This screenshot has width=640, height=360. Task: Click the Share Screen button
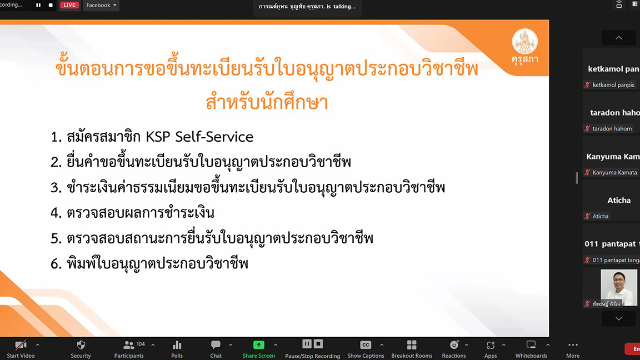[259, 349]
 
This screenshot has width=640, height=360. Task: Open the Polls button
[177, 349]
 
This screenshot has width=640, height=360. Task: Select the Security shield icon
[81, 345]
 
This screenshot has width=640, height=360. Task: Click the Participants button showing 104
[129, 349]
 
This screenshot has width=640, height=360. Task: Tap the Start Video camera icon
[21, 345]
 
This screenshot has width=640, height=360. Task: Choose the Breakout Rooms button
[412, 349]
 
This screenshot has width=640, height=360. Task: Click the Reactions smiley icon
[454, 345]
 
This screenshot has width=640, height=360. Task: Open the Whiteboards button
[531, 349]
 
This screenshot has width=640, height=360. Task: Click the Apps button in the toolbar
[490, 349]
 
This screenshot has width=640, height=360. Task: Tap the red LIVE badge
[69, 6]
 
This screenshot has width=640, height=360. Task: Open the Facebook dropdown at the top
[101, 6]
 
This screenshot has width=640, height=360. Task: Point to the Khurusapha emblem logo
[525, 41]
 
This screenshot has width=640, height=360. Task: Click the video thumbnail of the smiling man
[619, 287]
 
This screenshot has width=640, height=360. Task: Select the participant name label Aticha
[601, 216]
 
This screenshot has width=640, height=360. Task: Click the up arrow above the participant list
[619, 38]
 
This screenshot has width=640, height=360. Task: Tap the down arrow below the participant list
[619, 319]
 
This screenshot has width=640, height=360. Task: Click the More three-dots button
[573, 349]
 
